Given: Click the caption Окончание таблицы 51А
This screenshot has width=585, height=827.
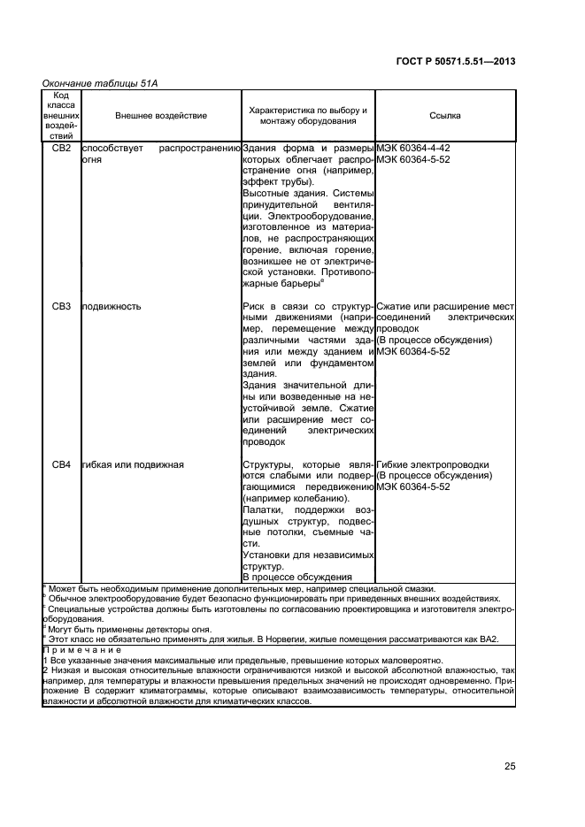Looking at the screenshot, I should pyautogui.click(x=95, y=83).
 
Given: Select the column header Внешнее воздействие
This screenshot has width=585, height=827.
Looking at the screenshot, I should pyautogui.click(x=160, y=116).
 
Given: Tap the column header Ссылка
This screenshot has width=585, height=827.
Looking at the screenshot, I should pyautogui.click(x=444, y=116).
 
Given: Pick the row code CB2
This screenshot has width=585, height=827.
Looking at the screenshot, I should pyautogui.click(x=61, y=149).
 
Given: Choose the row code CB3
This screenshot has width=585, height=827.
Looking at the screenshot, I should pyautogui.click(x=61, y=307).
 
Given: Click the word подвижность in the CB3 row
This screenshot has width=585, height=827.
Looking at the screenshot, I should pyautogui.click(x=111, y=307).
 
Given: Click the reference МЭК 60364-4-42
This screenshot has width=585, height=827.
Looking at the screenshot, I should pyautogui.click(x=413, y=149).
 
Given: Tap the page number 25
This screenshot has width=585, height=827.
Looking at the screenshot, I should pyautogui.click(x=510, y=767).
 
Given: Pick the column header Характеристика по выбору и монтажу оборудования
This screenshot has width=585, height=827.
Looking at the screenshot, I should pyautogui.click(x=308, y=116).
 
